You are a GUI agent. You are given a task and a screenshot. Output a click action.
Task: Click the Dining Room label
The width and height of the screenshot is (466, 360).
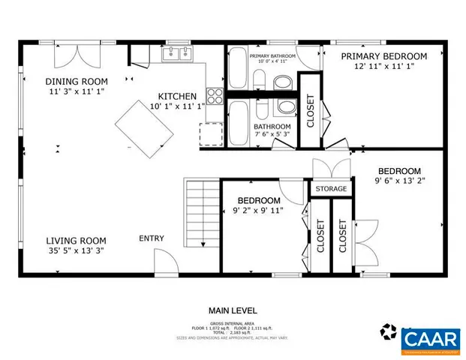pyautogui.click(x=76, y=82)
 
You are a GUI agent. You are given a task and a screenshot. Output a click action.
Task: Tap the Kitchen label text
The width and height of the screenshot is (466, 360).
pyautogui.click(x=177, y=96)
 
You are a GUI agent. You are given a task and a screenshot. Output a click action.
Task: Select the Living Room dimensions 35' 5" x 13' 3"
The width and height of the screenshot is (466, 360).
pyautogui.click(x=76, y=250)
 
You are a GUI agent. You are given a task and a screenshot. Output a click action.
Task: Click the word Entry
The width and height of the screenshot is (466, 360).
pyautogui.click(x=152, y=238)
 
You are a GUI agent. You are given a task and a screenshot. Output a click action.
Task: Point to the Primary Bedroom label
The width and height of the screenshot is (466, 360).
pyautogui.click(x=384, y=56)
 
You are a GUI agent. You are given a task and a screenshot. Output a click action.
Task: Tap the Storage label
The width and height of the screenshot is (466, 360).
pyautogui.click(x=331, y=188)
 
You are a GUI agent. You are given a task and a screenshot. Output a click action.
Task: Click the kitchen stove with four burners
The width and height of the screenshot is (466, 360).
pyautogui.click(x=215, y=96)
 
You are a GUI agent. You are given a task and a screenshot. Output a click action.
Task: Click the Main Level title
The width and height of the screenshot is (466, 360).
pyautogui.click(x=233, y=310)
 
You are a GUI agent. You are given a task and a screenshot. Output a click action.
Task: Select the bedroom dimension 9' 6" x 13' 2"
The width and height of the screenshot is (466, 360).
pyautogui.click(x=398, y=180)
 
